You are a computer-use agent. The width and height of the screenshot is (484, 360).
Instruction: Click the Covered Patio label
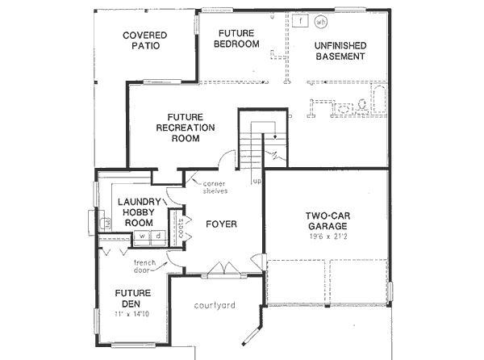(x=145, y=40)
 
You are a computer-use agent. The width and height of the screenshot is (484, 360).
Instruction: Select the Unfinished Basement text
(x=339, y=51)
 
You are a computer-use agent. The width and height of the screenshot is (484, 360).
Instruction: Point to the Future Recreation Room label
(x=185, y=127)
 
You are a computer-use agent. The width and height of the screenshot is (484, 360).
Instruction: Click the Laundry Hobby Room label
(x=135, y=212)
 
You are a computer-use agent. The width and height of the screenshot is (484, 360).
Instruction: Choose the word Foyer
(x=220, y=223)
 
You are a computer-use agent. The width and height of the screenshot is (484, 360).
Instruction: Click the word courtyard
(x=215, y=305)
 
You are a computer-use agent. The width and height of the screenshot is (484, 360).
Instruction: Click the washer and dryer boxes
(x=147, y=237)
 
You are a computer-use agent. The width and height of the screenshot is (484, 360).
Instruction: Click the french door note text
(x=145, y=266)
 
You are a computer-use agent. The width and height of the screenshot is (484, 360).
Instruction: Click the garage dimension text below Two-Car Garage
(x=326, y=237)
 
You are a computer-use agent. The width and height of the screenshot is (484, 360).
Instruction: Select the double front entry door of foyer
(x=223, y=269)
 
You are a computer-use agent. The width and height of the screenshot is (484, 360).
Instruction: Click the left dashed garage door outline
(x=295, y=283)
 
